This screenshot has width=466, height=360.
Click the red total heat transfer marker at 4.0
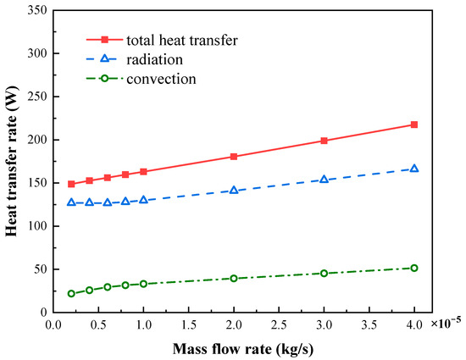pyautogui.click(x=413, y=125)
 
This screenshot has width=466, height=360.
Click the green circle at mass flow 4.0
pyautogui.click(x=413, y=268)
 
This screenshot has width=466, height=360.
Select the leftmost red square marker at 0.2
pyautogui.click(x=71, y=184)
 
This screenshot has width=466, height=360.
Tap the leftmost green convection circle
pyautogui.click(x=71, y=294)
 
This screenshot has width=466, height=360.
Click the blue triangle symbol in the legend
pyautogui.click(x=105, y=59)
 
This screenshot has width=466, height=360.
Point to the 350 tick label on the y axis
pyautogui.click(x=36, y=10)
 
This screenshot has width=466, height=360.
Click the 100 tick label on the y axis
pyautogui.click(x=36, y=226)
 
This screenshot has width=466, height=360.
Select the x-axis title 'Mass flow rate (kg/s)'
pyautogui.click(x=234, y=347)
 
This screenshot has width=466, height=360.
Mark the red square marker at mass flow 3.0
pyautogui.click(x=324, y=141)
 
